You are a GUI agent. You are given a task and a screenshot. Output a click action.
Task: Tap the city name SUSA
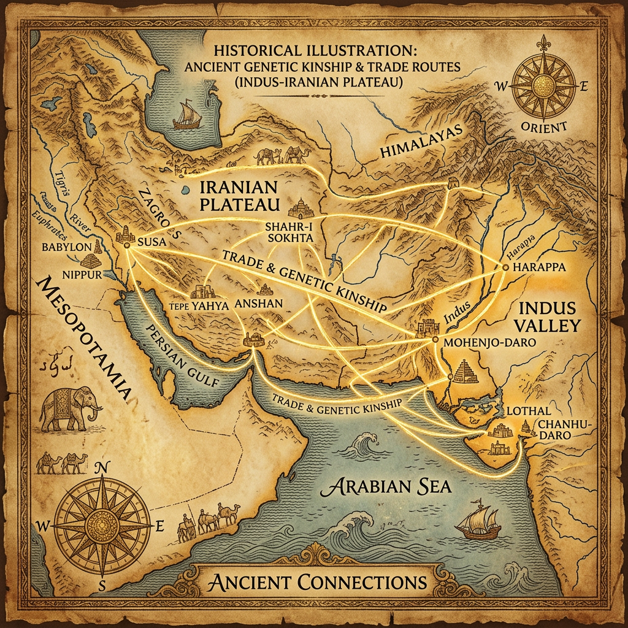[x=152, y=242]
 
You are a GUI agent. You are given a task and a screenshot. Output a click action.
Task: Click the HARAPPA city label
[x=538, y=267]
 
